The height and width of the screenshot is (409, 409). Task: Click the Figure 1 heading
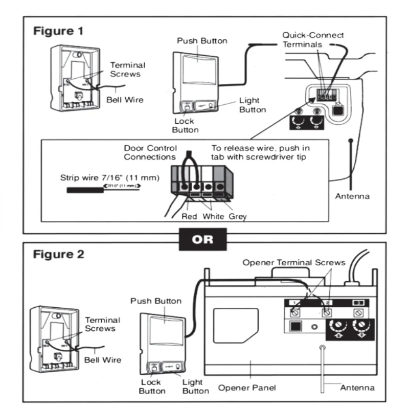[58, 30]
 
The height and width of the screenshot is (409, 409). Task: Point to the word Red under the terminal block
[190, 216]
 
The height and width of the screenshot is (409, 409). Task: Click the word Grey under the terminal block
[238, 216]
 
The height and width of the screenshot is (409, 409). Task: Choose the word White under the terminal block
[213, 216]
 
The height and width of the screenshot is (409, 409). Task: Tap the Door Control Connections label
[148, 152]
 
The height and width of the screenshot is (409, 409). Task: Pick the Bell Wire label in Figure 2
[105, 360]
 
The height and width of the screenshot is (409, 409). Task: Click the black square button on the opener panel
[296, 326]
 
